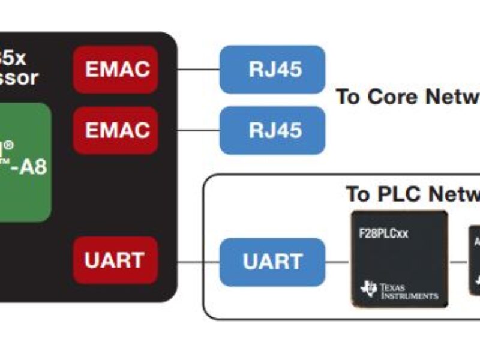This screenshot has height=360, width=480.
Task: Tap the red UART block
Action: [114, 260]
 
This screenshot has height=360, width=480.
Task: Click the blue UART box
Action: [272, 262]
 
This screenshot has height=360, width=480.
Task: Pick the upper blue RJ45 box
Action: [272, 69]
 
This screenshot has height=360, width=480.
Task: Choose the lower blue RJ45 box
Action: [272, 130]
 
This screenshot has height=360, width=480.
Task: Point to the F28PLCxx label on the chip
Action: [383, 233]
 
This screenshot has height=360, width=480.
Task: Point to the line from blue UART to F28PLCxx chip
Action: [338, 262]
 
